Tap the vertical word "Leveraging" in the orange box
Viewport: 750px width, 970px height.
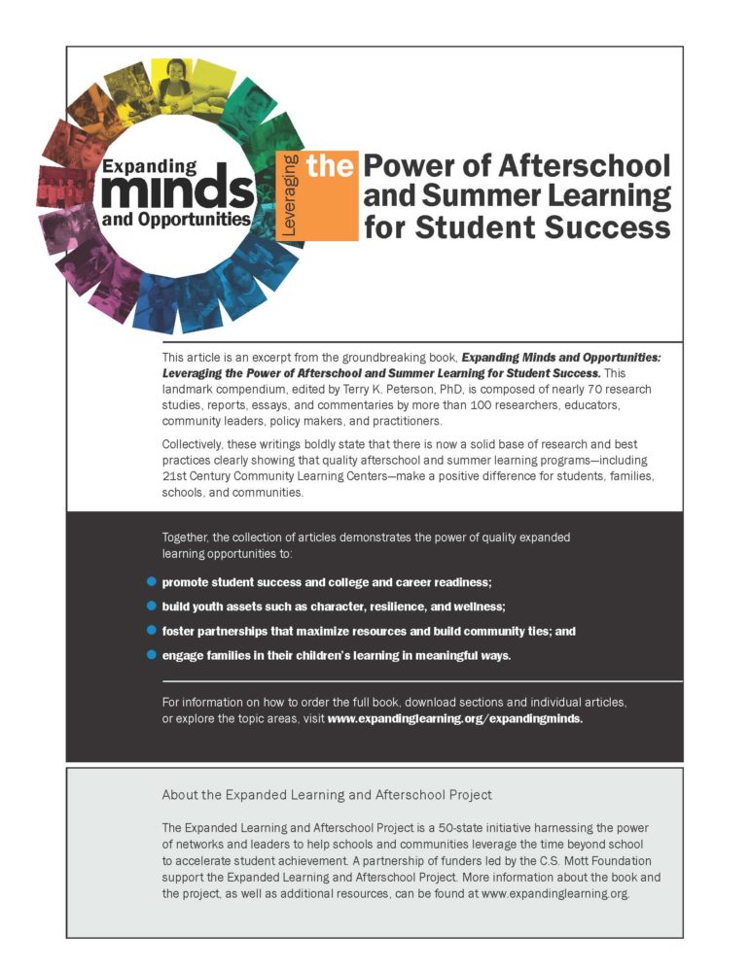coord(289,194)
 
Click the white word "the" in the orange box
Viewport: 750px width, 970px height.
coord(329,166)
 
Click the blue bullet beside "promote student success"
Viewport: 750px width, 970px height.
coord(151,581)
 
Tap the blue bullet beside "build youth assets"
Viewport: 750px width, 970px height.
coord(151,606)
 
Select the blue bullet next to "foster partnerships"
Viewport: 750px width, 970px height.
coord(151,631)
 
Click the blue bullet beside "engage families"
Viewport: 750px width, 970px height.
coord(151,655)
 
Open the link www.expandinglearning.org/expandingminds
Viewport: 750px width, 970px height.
coord(454,720)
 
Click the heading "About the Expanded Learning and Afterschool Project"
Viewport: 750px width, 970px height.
coord(326,794)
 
